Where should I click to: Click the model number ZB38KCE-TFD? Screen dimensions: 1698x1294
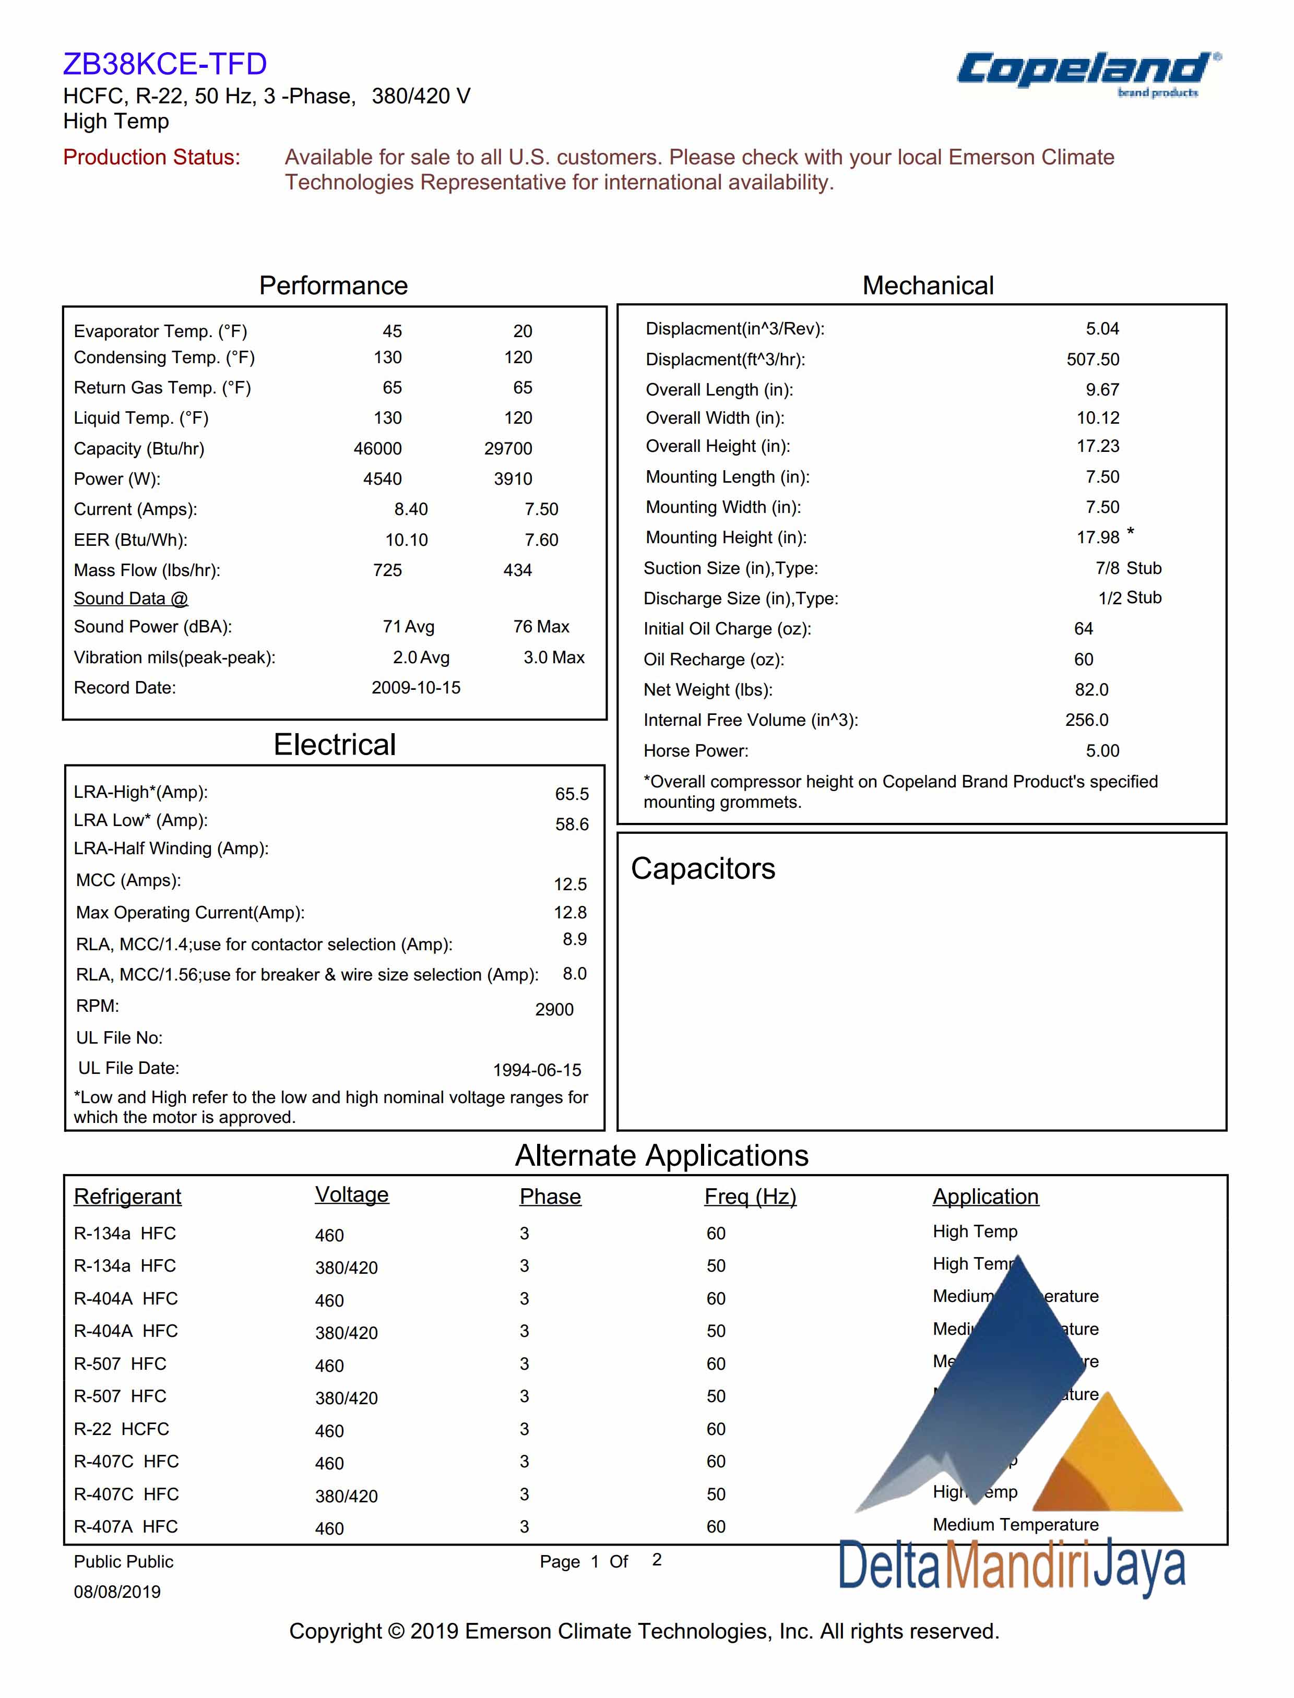pyautogui.click(x=165, y=64)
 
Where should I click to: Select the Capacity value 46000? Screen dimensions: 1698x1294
pyautogui.click(x=377, y=448)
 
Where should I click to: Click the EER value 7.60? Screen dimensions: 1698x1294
pyautogui.click(x=541, y=540)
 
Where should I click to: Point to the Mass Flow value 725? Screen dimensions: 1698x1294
pyautogui.click(x=387, y=570)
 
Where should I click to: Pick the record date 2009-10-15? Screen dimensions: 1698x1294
pyautogui.click(x=416, y=688)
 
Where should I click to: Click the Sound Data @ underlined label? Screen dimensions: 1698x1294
pyautogui.click(x=131, y=599)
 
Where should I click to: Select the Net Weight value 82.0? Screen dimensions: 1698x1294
pyautogui.click(x=1091, y=689)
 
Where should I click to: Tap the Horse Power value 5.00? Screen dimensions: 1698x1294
pyautogui.click(x=1102, y=751)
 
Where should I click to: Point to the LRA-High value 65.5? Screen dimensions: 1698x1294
pyautogui.click(x=572, y=794)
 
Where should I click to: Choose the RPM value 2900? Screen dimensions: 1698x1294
pyautogui.click(x=554, y=1010)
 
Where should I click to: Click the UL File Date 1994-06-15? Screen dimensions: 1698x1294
pyautogui.click(x=537, y=1070)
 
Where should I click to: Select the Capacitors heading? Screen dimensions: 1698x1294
pyautogui.click(x=703, y=869)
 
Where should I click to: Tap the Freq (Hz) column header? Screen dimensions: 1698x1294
pyautogui.click(x=750, y=1196)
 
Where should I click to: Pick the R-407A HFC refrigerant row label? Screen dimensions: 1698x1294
pyautogui.click(x=126, y=1526)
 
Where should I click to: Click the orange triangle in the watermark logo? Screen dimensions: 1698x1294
pyautogui.click(x=1109, y=1460)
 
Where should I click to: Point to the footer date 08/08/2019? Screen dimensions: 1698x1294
pyautogui.click(x=117, y=1592)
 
